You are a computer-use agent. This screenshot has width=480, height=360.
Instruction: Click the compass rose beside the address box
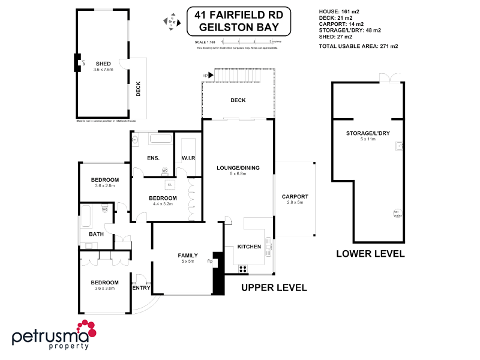[x=172, y=21]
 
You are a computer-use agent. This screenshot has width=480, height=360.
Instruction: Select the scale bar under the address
[x=247, y=41]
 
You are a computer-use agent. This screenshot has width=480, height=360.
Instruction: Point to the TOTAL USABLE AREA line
[x=359, y=46]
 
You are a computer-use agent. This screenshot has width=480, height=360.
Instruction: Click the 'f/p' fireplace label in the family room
[x=210, y=261]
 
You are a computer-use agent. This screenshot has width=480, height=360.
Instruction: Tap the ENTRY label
[x=140, y=288]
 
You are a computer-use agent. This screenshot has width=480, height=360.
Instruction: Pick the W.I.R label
[x=188, y=158]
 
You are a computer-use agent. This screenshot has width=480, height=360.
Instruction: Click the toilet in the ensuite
[x=166, y=171]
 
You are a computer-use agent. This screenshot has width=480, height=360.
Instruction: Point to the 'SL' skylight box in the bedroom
[x=170, y=184]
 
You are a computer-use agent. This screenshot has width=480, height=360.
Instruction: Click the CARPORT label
[x=295, y=196]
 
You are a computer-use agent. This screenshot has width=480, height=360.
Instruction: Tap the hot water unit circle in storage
[x=397, y=213]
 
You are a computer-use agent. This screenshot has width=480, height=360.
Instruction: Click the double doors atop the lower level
[x=389, y=77]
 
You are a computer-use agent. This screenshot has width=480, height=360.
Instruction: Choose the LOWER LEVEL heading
[x=370, y=254]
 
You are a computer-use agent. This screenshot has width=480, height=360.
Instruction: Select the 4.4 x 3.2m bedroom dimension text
[x=163, y=204]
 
